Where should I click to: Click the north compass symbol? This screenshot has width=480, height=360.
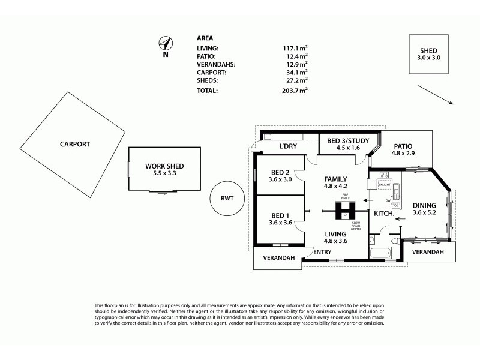[x=166, y=43]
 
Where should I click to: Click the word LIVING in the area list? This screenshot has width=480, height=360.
[x=208, y=48]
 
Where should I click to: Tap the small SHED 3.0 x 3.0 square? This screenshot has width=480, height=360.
[x=428, y=53]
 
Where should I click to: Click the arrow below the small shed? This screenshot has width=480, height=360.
[x=436, y=94]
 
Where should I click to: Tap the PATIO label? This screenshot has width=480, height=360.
[x=403, y=145]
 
